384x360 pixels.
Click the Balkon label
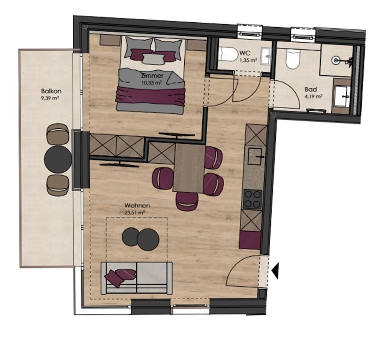coord(51,91)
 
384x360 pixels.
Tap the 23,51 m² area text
coord(134,212)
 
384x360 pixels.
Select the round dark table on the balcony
coord(58,159)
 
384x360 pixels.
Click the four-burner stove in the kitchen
coord(252,199)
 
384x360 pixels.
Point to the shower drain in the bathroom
coord(337,60)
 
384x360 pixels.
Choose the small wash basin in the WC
coord(266,57)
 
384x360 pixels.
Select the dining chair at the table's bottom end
coord(187,201)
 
